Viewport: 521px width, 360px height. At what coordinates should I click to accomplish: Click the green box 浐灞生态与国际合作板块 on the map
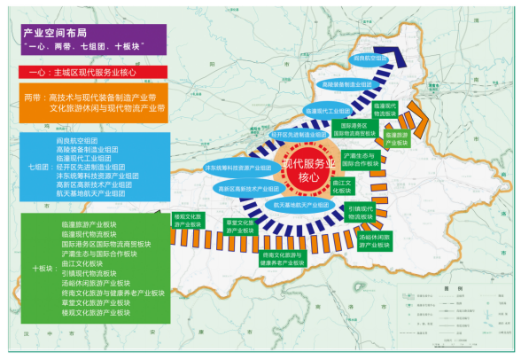click(362, 160)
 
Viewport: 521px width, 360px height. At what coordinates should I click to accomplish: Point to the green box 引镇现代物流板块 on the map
click(362, 213)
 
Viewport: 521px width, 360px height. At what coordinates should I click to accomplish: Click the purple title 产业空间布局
click(54, 31)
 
